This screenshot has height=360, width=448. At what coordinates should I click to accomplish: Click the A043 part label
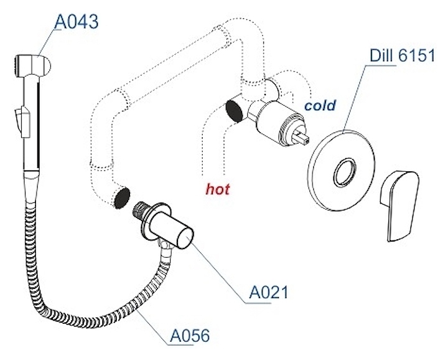(x=77, y=23)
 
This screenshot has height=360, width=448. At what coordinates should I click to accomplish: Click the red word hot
(x=218, y=187)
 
